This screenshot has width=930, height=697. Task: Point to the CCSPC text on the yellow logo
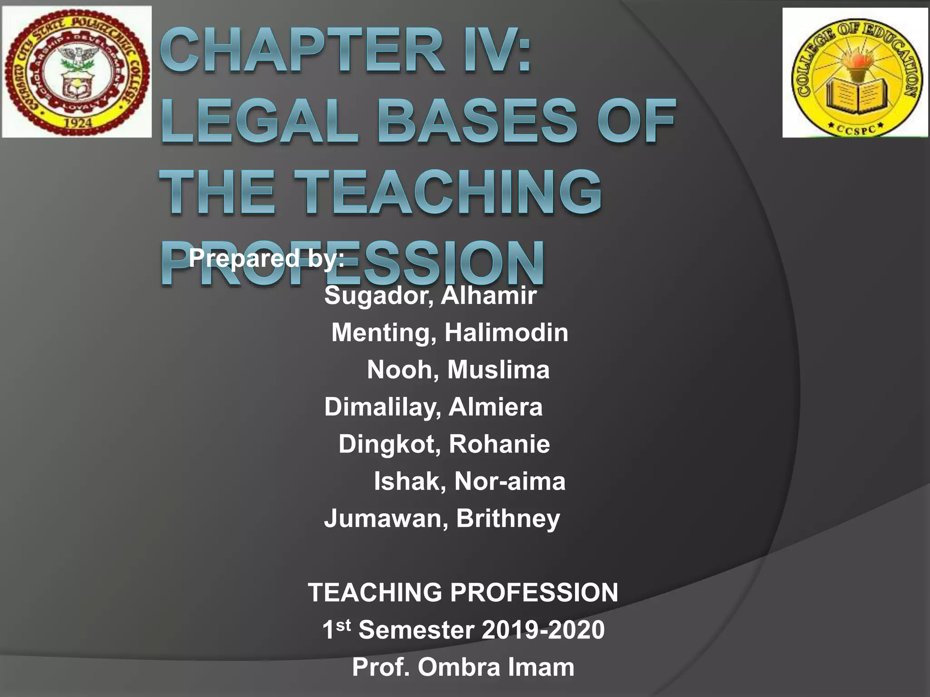coord(856,129)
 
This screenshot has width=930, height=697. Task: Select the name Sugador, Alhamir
coord(430,295)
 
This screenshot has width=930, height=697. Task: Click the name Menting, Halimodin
coord(450,333)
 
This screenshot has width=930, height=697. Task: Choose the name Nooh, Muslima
coord(458,369)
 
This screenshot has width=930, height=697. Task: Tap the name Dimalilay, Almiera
coord(433,407)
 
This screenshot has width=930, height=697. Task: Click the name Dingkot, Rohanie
coord(444,444)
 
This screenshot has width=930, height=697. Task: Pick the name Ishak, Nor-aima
coord(470,481)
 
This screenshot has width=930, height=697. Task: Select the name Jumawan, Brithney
coord(442,518)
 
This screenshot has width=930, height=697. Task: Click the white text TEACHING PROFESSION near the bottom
coord(463,593)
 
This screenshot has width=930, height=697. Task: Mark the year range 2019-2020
coord(543,630)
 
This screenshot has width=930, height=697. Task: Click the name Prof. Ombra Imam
coord(463,667)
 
